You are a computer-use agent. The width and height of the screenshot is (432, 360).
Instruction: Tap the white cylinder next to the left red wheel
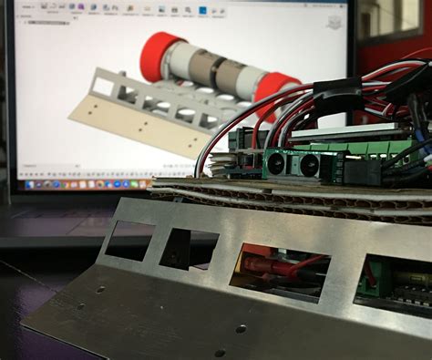(x=188, y=64)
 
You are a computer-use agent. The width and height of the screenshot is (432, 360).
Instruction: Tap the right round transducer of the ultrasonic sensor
(x=308, y=165)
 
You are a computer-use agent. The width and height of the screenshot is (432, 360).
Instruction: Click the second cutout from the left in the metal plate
(x=189, y=248)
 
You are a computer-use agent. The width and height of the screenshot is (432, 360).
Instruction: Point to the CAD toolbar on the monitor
(x=137, y=11)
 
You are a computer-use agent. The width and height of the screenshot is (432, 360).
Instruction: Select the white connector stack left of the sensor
(x=223, y=164)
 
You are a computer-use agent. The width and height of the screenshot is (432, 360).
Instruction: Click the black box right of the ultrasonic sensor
(x=363, y=171)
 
